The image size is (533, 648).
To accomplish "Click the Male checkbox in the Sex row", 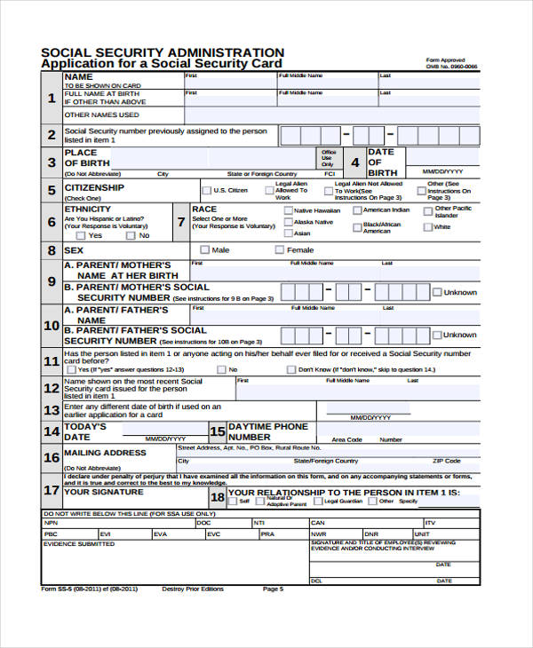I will [205, 250].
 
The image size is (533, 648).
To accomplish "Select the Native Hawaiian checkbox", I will [287, 210].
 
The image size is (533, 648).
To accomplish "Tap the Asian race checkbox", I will [287, 233].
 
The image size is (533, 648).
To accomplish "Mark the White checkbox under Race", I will [427, 227].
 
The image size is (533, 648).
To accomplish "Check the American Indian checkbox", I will [357, 210].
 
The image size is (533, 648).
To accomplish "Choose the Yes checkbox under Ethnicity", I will [81, 236].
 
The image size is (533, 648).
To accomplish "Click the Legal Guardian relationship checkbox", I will [317, 502].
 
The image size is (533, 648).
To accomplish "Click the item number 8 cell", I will [52, 251].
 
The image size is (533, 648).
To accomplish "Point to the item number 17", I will [52, 490].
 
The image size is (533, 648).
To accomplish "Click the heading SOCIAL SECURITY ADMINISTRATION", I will [163, 52].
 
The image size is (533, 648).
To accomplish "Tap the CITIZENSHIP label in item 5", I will [94, 188].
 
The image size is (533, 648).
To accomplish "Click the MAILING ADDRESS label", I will [105, 453].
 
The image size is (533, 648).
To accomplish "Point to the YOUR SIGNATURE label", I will [103, 492].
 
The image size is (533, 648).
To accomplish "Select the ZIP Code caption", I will [446, 461].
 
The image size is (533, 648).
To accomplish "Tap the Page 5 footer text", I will [273, 589].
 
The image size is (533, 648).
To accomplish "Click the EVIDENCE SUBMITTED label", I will [78, 544].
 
